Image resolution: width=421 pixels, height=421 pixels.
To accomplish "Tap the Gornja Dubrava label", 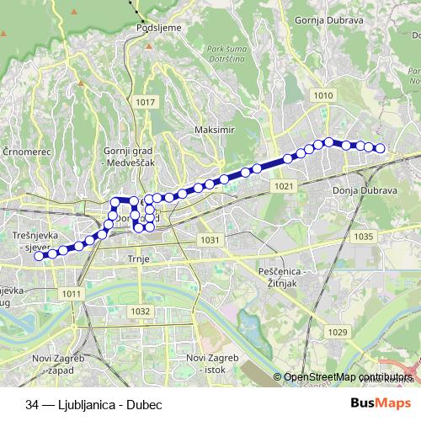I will (329, 18).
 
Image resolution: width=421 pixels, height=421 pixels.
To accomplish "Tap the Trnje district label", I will (137, 258).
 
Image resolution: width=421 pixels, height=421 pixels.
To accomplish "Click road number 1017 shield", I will (146, 102).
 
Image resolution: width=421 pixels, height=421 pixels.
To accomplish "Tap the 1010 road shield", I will (322, 96).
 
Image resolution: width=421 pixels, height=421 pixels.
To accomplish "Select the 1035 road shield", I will (364, 237).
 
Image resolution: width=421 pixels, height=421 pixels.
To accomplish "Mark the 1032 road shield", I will (141, 312).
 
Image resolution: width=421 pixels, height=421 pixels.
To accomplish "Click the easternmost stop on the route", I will (380, 149).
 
